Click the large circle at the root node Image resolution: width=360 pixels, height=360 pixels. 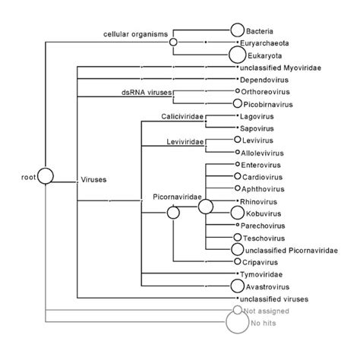pyautogui.click(x=46, y=177)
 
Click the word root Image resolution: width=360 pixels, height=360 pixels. pyautogui.click(x=29, y=178)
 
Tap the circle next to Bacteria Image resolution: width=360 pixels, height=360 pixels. pyautogui.click(x=237, y=31)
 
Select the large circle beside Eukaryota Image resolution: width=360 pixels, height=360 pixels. pyautogui.click(x=238, y=55)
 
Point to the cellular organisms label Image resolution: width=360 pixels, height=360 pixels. pyautogui.click(x=136, y=35)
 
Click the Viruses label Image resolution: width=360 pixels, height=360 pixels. pyautogui.click(x=93, y=180)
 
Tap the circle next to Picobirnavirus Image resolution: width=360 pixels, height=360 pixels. pyautogui.click(x=237, y=103)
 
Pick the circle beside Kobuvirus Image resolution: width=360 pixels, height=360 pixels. pyautogui.click(x=238, y=213)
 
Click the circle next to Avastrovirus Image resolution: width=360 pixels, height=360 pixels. pyautogui.click(x=237, y=286)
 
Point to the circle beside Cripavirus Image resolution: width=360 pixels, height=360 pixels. pyautogui.click(x=236, y=261)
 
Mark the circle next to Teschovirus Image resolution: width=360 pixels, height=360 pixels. pyautogui.click(x=236, y=237)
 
